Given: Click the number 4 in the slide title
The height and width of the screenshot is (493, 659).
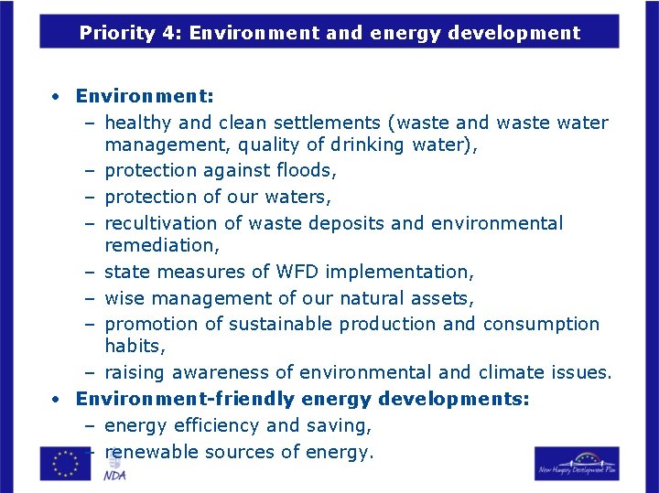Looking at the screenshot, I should (161, 34).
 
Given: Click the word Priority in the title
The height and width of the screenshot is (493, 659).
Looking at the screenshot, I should (113, 34).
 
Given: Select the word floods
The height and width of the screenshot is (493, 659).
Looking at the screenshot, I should (308, 170).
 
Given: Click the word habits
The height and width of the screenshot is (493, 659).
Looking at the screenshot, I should (133, 346).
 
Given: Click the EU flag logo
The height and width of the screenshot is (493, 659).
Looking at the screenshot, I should (65, 463).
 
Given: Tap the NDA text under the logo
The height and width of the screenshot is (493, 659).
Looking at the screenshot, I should (114, 476).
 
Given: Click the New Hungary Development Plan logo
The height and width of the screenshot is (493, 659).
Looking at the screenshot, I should (577, 463).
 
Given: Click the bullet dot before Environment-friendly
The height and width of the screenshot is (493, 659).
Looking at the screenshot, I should (57, 400).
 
